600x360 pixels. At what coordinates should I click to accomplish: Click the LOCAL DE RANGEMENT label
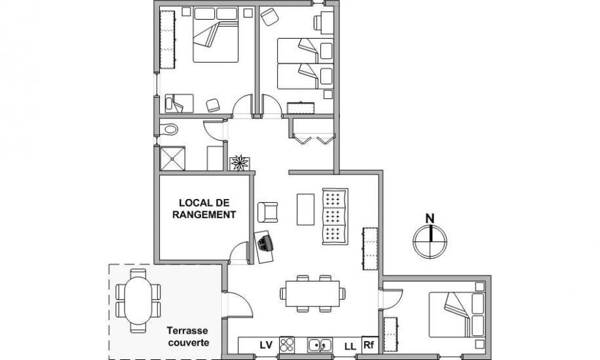(x=204, y=209)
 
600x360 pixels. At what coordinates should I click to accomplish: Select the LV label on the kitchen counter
(x=266, y=345)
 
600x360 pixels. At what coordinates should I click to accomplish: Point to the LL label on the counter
(x=350, y=347)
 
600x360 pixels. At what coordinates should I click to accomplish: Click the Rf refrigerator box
(x=368, y=345)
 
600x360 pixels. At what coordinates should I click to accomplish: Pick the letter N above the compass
(x=430, y=219)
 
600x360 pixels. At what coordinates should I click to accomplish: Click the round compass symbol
(x=430, y=242)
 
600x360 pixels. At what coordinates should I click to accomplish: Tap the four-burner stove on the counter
(x=287, y=345)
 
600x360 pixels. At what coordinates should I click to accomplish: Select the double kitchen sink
(x=320, y=345)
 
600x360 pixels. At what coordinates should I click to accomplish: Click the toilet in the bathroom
(x=168, y=130)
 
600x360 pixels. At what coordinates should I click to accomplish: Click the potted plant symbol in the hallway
(x=240, y=162)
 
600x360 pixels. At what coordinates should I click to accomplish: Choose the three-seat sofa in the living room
(x=335, y=216)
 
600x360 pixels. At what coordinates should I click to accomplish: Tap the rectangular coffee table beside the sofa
(x=305, y=209)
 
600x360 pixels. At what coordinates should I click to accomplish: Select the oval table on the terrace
(x=138, y=300)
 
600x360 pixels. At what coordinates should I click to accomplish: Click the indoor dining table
(x=312, y=293)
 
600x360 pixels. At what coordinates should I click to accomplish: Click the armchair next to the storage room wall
(x=267, y=212)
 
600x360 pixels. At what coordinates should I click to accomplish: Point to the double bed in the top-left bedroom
(x=216, y=35)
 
